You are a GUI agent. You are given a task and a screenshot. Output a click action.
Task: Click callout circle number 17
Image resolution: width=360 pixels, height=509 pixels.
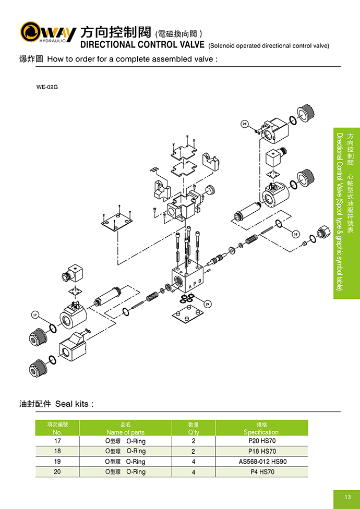(x=35, y=314)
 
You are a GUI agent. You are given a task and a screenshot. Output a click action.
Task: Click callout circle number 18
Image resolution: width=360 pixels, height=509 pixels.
(x=296, y=234)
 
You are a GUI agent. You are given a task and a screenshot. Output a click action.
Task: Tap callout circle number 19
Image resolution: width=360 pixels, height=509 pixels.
(x=207, y=304)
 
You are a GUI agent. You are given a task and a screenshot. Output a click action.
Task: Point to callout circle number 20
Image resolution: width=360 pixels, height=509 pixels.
(x=244, y=124)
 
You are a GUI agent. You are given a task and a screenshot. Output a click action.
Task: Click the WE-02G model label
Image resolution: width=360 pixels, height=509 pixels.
(x=47, y=87)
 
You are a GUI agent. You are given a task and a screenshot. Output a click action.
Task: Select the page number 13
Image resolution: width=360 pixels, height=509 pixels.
(x=347, y=496)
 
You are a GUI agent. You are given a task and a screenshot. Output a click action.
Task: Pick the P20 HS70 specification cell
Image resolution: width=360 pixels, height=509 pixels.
(x=261, y=441)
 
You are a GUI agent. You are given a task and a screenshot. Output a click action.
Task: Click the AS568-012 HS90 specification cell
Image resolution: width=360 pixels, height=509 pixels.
(x=261, y=462)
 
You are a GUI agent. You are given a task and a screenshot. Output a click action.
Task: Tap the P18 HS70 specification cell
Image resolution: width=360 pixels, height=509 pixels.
(x=261, y=451)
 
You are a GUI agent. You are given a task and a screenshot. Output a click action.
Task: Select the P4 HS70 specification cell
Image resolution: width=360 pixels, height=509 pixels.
(x=261, y=472)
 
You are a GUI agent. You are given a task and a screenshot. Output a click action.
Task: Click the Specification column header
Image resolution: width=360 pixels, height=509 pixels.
(x=261, y=428)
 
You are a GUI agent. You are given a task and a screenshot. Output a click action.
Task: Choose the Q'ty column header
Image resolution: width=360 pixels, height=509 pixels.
(x=193, y=428)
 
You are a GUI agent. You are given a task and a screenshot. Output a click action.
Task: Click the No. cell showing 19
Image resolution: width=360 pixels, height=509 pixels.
(x=57, y=462)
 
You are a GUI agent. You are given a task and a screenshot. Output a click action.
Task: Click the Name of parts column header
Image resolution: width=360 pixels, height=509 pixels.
(x=125, y=428)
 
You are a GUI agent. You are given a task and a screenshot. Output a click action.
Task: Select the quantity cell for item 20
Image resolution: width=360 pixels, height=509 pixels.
(x=193, y=472)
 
